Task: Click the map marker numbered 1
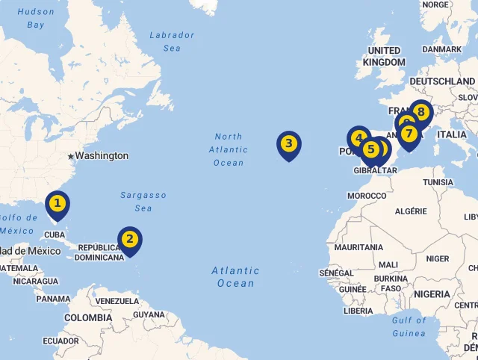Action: pyautogui.click(x=57, y=204)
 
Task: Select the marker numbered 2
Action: pyautogui.click(x=130, y=240)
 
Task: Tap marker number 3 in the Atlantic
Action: pyautogui.click(x=289, y=144)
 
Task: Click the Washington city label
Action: pyautogui.click(x=102, y=156)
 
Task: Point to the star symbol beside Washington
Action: pyautogui.click(x=71, y=156)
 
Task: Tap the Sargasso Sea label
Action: pyautogui.click(x=143, y=202)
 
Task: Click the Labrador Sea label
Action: pyautogui.click(x=172, y=41)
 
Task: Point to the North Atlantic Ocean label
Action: pyautogui.click(x=229, y=149)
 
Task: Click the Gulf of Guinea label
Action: pyautogui.click(x=409, y=326)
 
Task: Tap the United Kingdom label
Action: pyautogui.click(x=384, y=56)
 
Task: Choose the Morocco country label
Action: pyautogui.click(x=367, y=196)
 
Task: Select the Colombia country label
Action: pyautogui.click(x=88, y=317)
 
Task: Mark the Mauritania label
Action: pyautogui.click(x=358, y=247)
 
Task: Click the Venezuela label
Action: pyautogui.click(x=117, y=301)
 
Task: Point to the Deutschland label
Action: pyautogui.click(x=442, y=81)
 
